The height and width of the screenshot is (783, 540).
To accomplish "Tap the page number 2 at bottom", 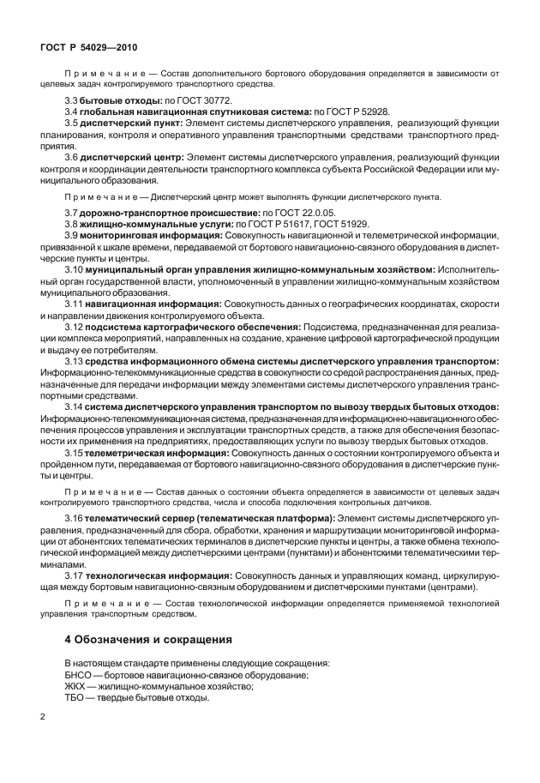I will coord(41,715).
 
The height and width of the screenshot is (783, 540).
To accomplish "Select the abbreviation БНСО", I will coord(80,676).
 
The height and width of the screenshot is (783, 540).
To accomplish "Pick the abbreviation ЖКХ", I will coord(78,687).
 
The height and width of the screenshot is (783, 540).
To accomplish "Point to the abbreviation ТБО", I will coord(77,698).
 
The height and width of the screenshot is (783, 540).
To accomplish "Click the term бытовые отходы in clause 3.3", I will coord(115,100).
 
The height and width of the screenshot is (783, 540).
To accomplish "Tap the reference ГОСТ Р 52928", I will coord(352,111).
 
